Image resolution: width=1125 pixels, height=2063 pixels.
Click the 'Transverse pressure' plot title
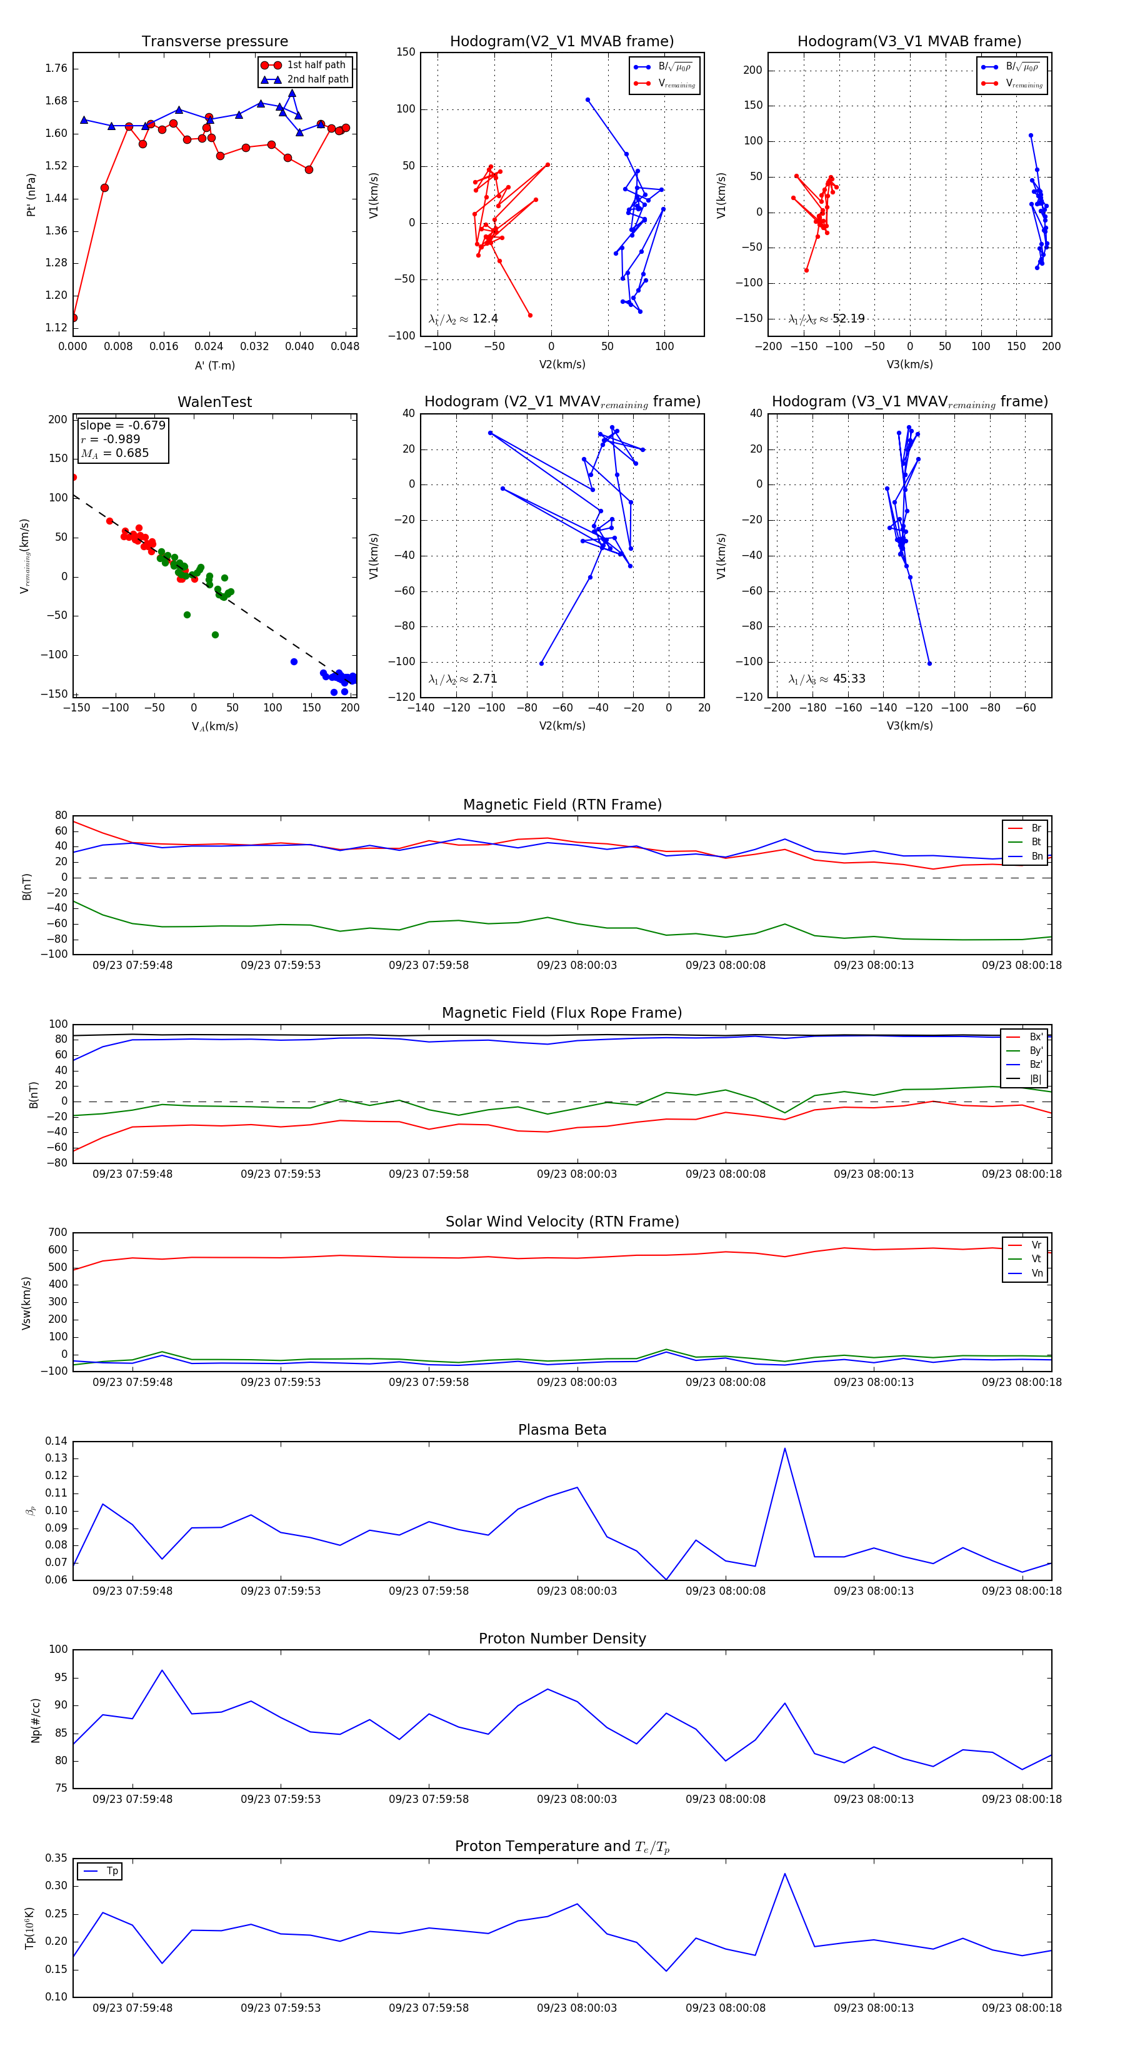point(214,42)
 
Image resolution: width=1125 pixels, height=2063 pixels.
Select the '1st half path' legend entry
point(316,65)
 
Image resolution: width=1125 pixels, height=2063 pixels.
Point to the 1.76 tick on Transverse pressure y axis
point(56,68)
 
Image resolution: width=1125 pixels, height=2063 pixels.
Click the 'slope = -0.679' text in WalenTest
point(122,425)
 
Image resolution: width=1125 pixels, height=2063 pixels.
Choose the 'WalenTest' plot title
point(214,402)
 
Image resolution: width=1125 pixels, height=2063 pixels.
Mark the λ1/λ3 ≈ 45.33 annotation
point(826,679)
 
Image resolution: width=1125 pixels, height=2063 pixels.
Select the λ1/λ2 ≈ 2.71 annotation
point(462,679)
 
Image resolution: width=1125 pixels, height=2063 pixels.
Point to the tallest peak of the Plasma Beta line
point(785,1448)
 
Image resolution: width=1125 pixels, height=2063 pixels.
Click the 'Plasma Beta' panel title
point(562,1430)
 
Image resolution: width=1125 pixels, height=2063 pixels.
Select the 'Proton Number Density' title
point(562,1639)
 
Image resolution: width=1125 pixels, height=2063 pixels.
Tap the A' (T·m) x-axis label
point(214,365)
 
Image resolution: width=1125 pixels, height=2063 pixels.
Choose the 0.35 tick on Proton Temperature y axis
point(56,1858)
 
